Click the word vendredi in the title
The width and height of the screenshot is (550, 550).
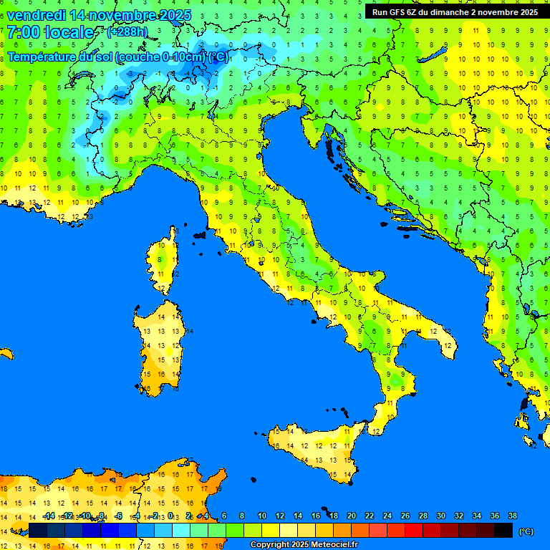tap(36, 16)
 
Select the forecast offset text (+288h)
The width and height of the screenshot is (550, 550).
tap(127, 32)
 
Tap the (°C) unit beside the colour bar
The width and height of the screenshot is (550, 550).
tap(526, 531)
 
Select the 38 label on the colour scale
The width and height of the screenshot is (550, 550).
tap(512, 516)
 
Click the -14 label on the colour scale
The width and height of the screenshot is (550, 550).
tap(49, 516)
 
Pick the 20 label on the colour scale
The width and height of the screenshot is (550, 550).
tap(352, 516)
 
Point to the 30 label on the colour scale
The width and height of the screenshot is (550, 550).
tap(440, 516)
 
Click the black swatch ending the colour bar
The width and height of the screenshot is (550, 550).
tap(503, 531)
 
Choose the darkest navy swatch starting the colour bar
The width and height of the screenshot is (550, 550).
tap(38, 531)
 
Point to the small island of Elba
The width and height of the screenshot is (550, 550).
tap(199, 235)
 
